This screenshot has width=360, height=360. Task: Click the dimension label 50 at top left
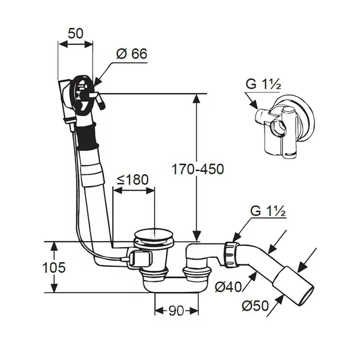pos(76,33)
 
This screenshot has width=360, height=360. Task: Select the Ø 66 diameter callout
pos(131,54)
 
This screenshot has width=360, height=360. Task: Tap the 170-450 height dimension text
pos(198,169)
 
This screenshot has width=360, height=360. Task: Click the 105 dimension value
pos(54,267)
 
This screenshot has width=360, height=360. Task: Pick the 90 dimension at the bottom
pos(176,311)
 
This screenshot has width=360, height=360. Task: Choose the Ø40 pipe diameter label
pos(228,287)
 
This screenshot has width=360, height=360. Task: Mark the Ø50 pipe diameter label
pos(255,306)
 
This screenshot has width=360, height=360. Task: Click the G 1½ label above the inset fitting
pos(263,84)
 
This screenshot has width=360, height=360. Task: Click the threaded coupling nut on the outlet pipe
pos(230,254)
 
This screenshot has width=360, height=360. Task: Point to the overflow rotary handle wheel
pos(82,96)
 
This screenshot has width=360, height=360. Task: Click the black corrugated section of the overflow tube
pos(87,136)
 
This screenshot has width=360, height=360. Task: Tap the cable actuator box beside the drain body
pos(140,258)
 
